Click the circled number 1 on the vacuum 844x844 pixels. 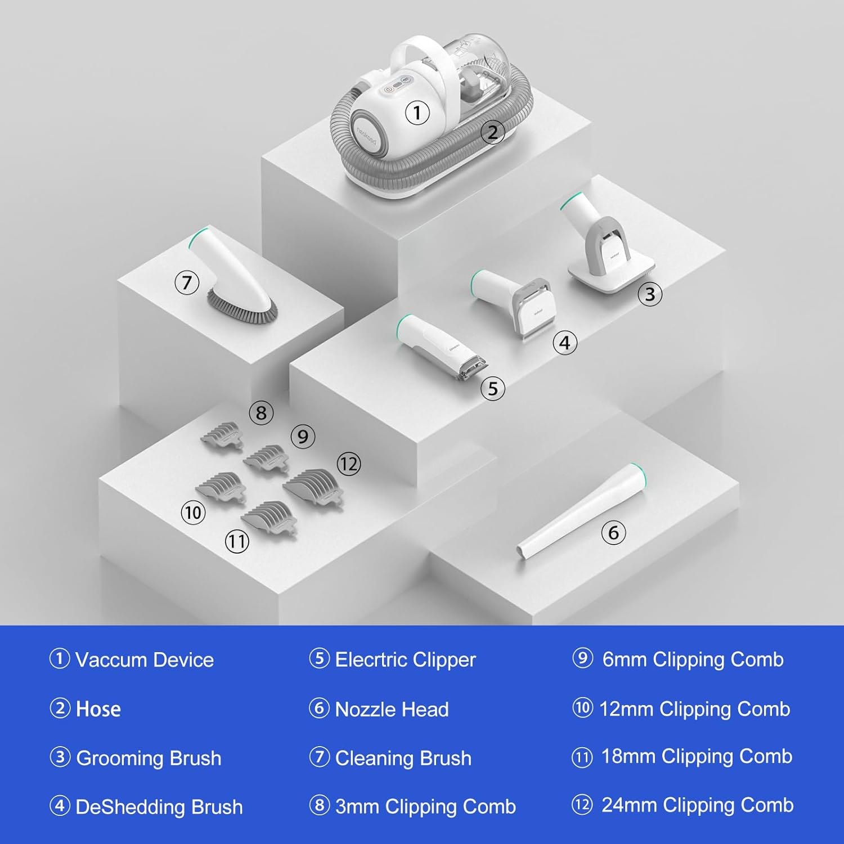click(417, 113)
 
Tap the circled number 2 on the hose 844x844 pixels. click(492, 132)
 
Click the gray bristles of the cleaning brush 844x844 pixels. click(241, 308)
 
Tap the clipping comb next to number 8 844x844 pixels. click(222, 436)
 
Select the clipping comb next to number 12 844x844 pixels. click(313, 487)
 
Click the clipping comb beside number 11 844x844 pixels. click(269, 518)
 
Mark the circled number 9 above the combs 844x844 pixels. click(303, 437)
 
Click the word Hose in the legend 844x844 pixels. click(98, 709)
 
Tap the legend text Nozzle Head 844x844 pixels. click(392, 709)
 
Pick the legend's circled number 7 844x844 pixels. click(319, 757)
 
